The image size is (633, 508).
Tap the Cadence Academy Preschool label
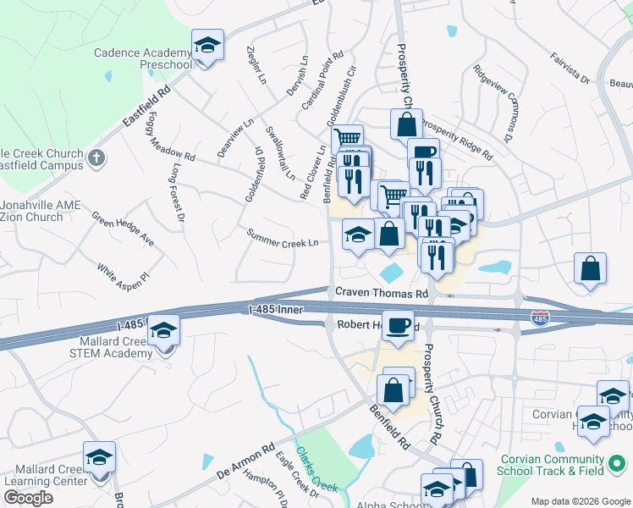coord(143,58)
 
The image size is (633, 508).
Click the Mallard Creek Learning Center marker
coord(99,458)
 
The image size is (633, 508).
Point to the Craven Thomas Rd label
coord(382,293)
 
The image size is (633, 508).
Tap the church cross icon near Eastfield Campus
coord(96,158)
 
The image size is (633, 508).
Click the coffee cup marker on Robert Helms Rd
coord(398,325)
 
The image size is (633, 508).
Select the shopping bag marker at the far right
coord(591,268)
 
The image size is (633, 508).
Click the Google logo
coord(28,498)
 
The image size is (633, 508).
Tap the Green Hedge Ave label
coord(124,229)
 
